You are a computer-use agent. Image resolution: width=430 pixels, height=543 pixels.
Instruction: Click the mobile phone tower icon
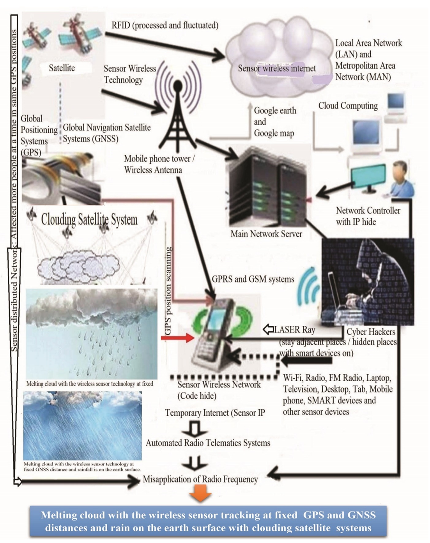(178, 113)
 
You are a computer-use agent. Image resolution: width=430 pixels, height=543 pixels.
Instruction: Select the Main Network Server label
(266, 234)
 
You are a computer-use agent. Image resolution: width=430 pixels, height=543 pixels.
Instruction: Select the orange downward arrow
(200, 494)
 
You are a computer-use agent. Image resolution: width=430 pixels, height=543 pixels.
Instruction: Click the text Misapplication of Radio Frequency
(200, 479)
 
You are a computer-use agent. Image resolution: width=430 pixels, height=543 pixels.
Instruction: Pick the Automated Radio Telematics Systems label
(208, 443)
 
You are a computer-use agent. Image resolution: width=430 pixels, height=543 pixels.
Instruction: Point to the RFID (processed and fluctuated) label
(165, 25)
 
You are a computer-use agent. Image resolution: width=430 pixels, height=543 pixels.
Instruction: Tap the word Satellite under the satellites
(62, 68)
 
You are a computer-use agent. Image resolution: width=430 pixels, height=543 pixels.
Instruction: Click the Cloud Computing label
(348, 106)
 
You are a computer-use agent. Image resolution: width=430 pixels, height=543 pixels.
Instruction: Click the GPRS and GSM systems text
(253, 279)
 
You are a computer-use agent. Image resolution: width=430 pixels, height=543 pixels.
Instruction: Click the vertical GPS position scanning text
(168, 291)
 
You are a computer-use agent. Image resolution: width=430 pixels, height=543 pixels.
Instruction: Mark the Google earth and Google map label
(275, 122)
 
